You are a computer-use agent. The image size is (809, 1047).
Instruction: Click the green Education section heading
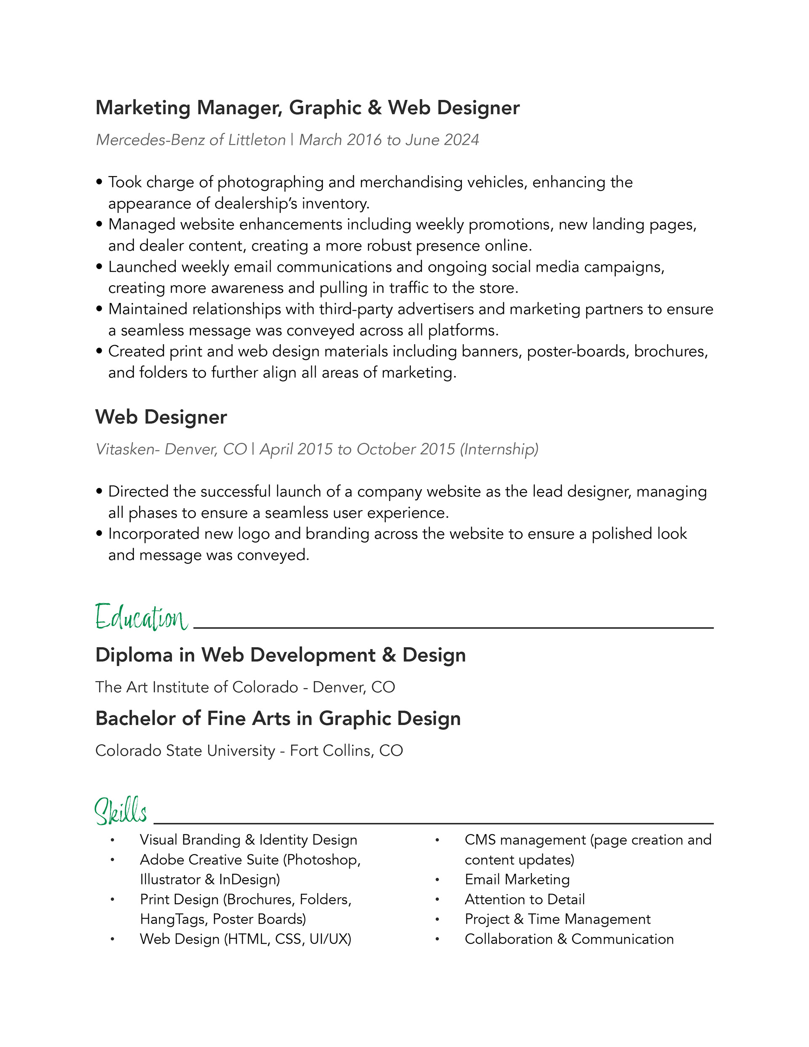click(x=141, y=618)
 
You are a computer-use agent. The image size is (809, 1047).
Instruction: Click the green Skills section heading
click(x=121, y=811)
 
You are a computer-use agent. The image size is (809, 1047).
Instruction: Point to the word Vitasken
click(x=126, y=449)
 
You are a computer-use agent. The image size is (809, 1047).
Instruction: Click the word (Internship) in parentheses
click(x=499, y=449)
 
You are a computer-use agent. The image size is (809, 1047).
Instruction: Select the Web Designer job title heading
click(x=161, y=417)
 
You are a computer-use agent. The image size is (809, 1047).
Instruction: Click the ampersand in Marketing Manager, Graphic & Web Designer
click(x=375, y=108)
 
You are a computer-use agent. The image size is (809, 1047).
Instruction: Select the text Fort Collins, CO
click(x=346, y=751)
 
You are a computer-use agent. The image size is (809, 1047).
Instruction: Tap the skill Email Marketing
click(x=517, y=880)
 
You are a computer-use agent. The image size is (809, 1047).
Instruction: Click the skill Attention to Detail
click(x=525, y=900)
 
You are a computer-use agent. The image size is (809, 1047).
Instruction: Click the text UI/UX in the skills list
click(x=330, y=939)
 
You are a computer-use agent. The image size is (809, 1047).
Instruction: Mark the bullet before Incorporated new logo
click(x=99, y=533)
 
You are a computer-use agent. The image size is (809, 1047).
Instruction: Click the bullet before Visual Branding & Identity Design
click(x=112, y=841)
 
